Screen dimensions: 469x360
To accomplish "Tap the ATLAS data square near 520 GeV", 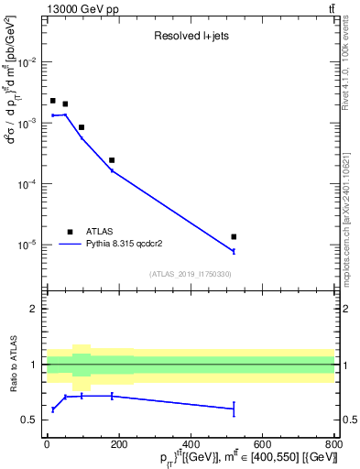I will [234, 237].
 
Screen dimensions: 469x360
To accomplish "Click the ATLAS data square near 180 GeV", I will [112, 160].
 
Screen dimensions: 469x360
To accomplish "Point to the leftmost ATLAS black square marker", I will [53, 101].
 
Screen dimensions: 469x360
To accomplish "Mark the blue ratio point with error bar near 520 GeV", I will [234, 409].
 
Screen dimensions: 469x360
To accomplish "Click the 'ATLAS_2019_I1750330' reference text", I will [191, 274].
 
